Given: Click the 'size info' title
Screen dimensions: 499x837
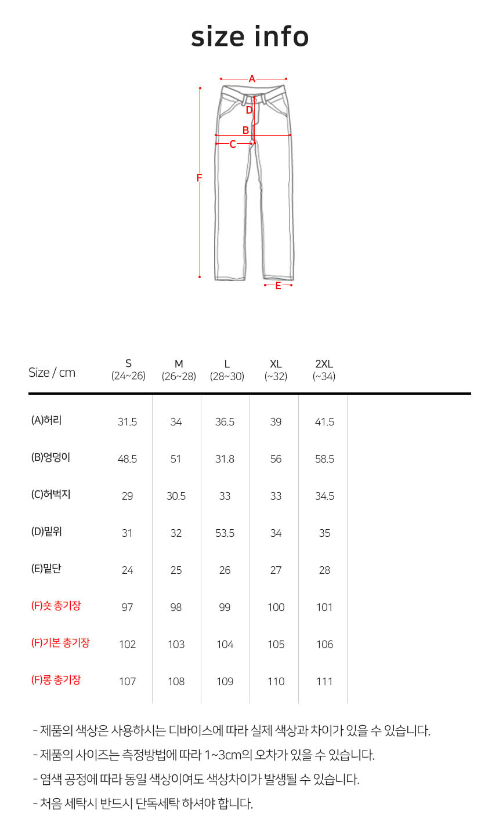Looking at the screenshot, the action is (x=250, y=37).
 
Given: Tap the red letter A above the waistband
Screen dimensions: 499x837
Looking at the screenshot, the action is (x=252, y=79).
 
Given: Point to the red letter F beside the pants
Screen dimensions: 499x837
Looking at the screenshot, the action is (x=200, y=178).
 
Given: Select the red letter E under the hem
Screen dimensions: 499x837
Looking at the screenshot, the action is (x=278, y=286).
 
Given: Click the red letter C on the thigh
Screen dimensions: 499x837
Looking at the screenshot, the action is (x=233, y=144).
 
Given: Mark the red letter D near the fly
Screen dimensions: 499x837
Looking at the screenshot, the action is (x=249, y=110).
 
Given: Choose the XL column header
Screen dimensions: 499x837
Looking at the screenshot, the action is (x=276, y=370).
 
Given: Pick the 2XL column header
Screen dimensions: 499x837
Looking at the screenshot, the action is (x=324, y=370).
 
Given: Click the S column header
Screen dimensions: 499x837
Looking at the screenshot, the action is (x=128, y=370).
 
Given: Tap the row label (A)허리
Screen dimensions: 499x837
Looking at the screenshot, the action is (x=46, y=420).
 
